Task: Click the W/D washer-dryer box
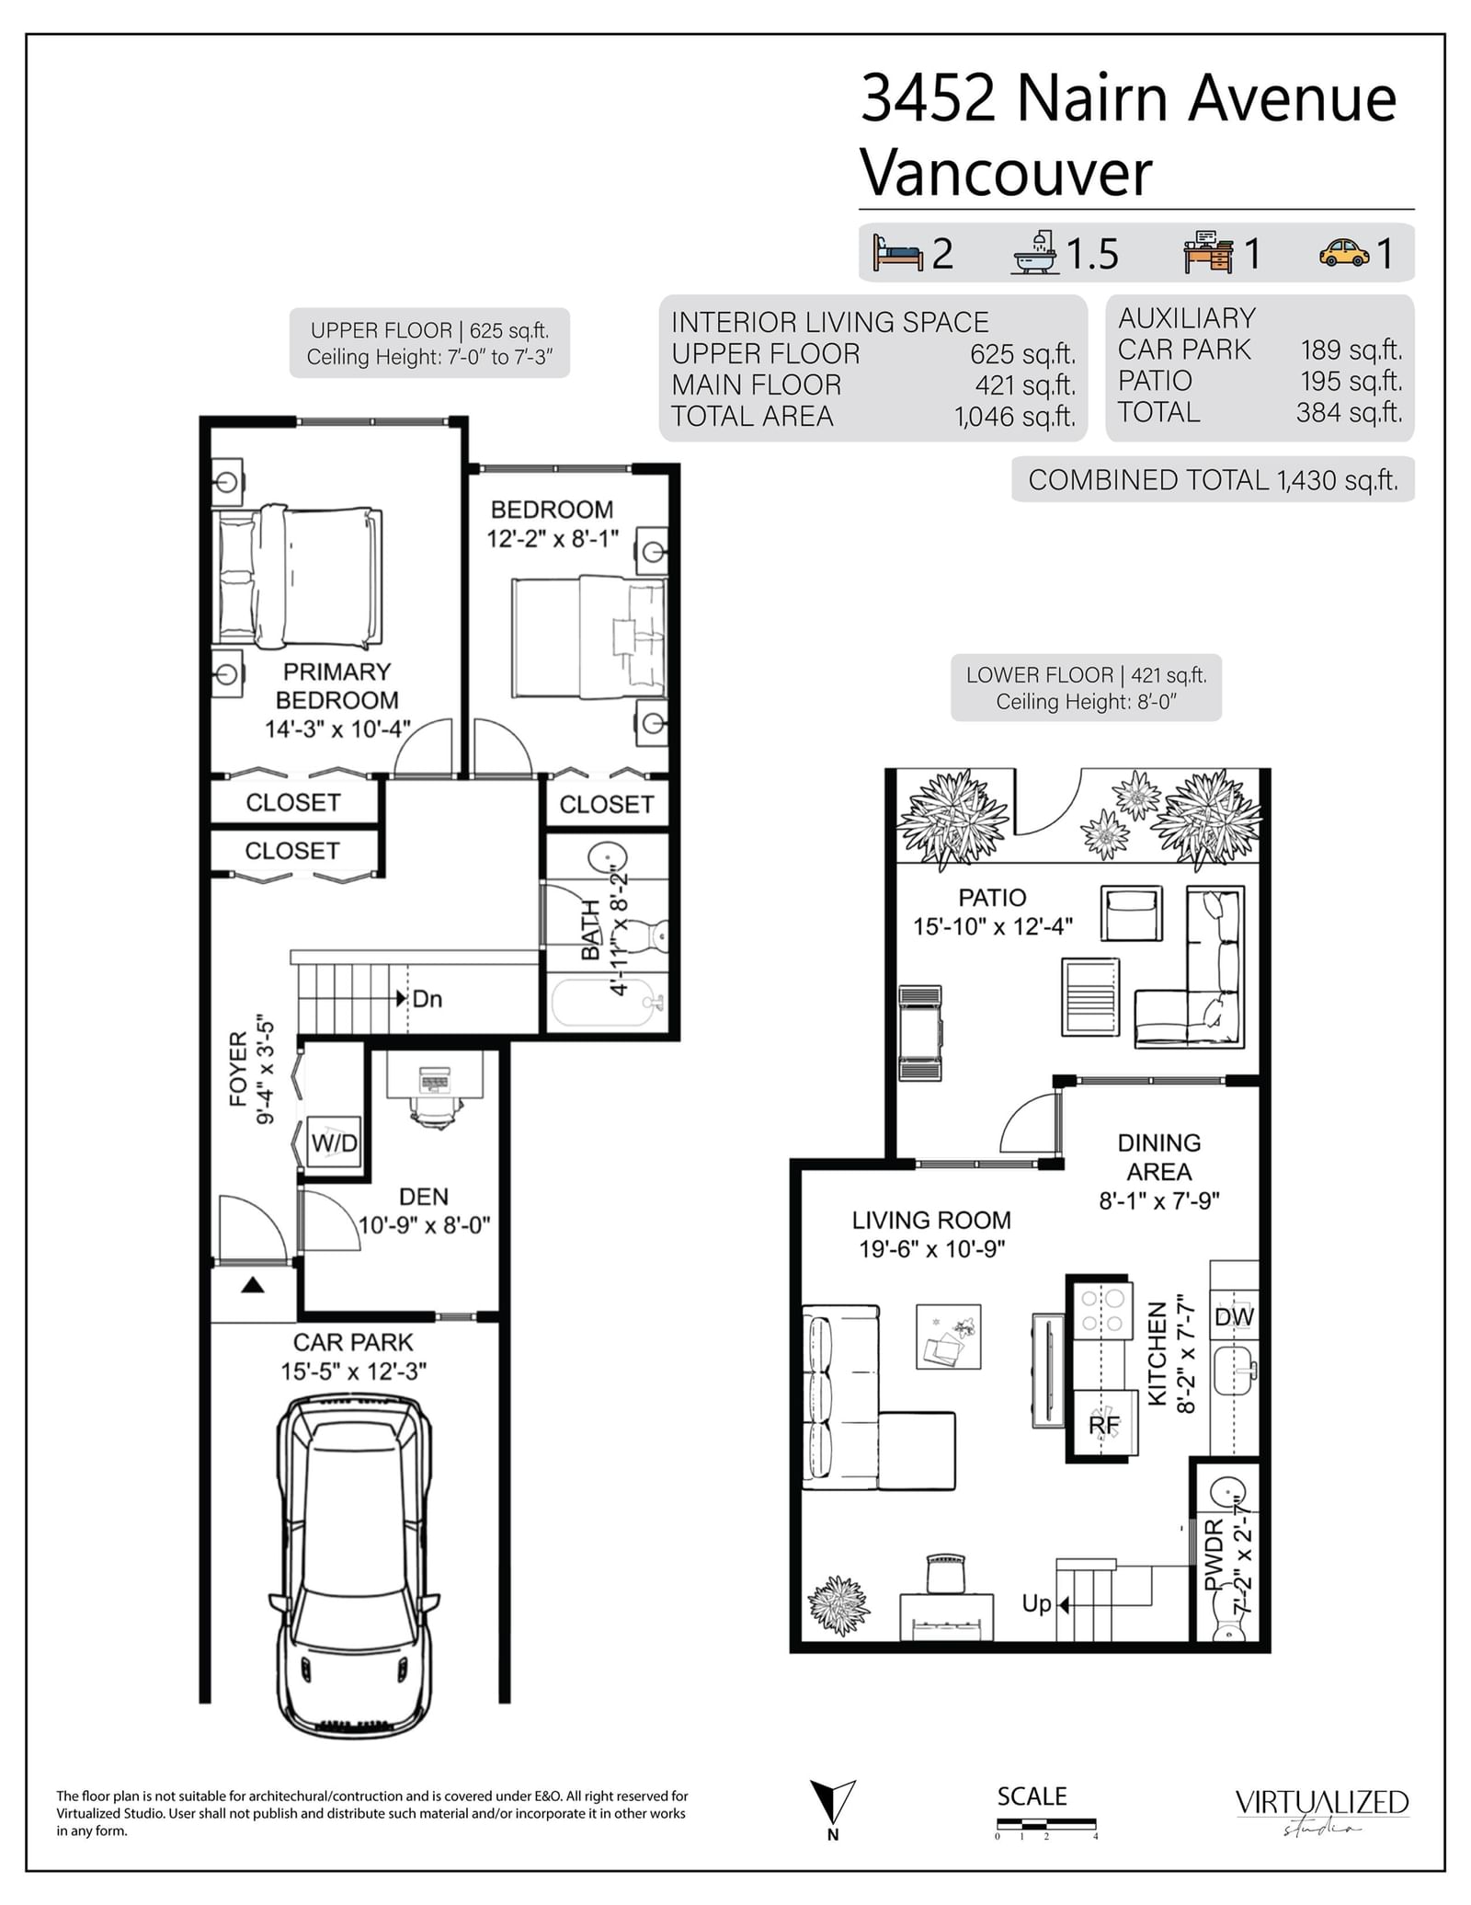pos(334,1142)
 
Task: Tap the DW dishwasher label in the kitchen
pos(1234,1316)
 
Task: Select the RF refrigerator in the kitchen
pos(1104,1424)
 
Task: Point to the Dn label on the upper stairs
pos(428,998)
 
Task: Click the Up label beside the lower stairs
pos(1036,1604)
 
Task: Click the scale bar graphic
pos(1046,1822)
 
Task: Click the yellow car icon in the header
pos(1344,253)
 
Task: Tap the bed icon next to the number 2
pos(897,252)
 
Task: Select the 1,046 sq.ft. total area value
pos(1015,417)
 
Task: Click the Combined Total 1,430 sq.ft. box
pos(1213,479)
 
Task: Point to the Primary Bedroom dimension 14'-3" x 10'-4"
pos(337,729)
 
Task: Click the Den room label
pos(424,1197)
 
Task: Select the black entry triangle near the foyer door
pos(253,1285)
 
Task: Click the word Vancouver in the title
pos(1006,172)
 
